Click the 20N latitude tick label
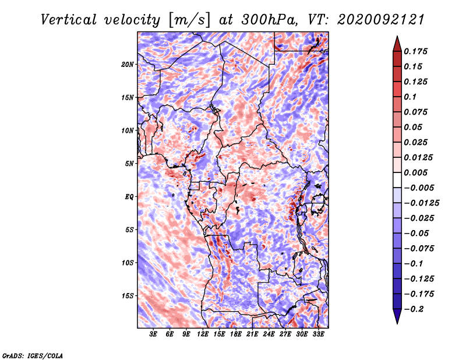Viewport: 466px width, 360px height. [x=127, y=65]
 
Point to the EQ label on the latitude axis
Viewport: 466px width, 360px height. [x=129, y=197]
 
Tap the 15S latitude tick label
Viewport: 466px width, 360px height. [x=127, y=296]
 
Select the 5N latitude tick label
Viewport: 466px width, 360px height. [x=129, y=164]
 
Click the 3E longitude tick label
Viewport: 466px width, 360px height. [x=153, y=334]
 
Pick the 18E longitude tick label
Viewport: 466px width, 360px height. [x=236, y=334]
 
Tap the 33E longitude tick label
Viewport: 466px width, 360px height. [x=318, y=334]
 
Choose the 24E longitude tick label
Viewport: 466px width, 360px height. [x=269, y=334]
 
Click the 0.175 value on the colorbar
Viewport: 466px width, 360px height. [x=415, y=51]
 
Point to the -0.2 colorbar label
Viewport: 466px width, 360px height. [x=414, y=309]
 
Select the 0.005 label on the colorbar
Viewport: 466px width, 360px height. [x=415, y=172]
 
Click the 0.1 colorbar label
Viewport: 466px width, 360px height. [x=410, y=97]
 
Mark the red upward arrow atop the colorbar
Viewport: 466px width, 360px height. [x=397, y=44]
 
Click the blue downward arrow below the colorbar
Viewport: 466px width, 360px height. [x=397, y=316]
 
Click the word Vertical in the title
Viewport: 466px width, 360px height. [x=69, y=20]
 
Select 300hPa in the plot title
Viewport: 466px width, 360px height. [x=269, y=20]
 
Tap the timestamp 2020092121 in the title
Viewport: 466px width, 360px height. [x=381, y=20]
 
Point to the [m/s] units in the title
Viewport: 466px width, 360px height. [x=189, y=20]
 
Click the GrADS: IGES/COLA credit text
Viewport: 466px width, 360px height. [x=33, y=356]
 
